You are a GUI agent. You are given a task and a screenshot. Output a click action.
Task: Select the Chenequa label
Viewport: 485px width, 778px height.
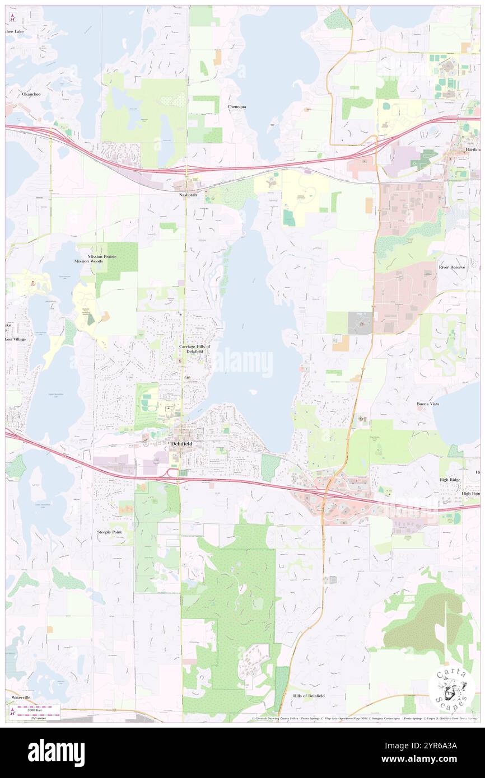[x=237, y=106]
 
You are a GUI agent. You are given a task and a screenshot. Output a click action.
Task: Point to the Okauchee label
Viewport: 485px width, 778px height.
[x=30, y=94]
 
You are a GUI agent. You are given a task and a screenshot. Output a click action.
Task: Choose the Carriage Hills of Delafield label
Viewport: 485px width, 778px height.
[x=194, y=349]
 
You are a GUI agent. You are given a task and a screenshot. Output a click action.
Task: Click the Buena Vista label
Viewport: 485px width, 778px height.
[x=431, y=404]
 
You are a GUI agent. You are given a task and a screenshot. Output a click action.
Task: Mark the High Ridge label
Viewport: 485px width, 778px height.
[x=450, y=481]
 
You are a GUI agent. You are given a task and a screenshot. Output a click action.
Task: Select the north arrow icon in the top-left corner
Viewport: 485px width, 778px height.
[x=12, y=18]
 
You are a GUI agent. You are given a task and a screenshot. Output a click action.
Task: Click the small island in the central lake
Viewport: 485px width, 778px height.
[x=254, y=392]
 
